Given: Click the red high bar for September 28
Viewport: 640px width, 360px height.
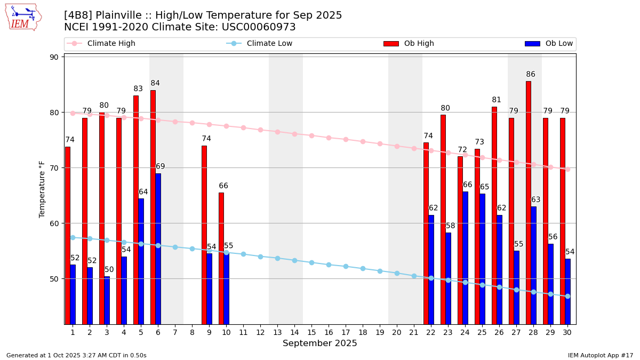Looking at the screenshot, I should pyautogui.click(x=529, y=203).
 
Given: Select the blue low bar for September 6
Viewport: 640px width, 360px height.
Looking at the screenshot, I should pyautogui.click(x=158, y=249).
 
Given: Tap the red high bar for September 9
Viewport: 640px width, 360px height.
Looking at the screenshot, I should pyautogui.click(x=204, y=235).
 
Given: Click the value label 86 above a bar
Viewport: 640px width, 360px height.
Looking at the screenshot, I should pyautogui.click(x=531, y=75).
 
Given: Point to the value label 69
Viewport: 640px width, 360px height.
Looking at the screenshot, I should pyautogui.click(x=160, y=167).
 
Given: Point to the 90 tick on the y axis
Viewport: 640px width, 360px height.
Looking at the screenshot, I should pyautogui.click(x=55, y=57).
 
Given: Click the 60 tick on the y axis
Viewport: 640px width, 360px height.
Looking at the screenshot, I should pyautogui.click(x=55, y=223).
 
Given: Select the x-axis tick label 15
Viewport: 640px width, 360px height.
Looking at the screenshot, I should pyautogui.click(x=311, y=332).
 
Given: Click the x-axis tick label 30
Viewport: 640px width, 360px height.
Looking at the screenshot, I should pyautogui.click(x=567, y=332).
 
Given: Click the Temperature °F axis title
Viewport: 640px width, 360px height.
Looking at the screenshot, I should pyautogui.click(x=42, y=189).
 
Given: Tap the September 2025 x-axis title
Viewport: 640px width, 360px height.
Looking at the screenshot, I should pyautogui.click(x=320, y=343).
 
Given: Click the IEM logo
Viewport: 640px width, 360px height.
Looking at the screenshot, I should pyautogui.click(x=23, y=17).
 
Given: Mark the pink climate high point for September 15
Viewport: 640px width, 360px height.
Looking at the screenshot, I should pyautogui.click(x=311, y=135).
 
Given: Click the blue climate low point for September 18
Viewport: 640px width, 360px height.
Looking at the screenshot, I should pyautogui.click(x=363, y=268).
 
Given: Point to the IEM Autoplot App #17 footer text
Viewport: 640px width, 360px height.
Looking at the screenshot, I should pyautogui.click(x=601, y=355).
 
